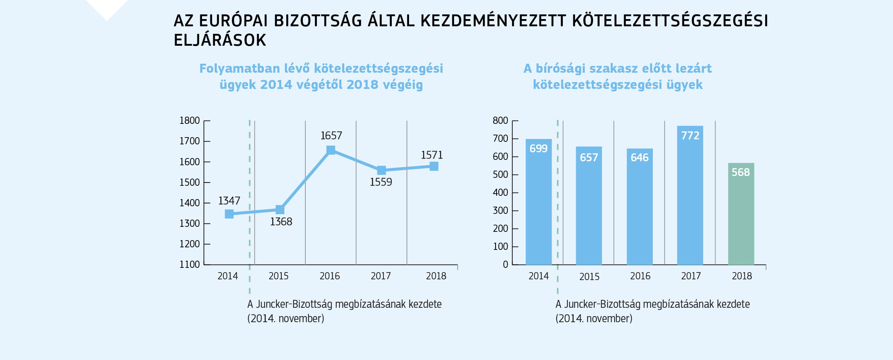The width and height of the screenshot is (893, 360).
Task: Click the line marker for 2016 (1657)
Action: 331,150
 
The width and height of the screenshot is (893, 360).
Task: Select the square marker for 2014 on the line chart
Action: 229,214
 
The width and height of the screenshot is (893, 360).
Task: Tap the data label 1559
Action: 381,182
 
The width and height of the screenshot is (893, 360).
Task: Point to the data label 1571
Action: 432,155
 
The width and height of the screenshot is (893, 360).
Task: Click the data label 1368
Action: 281,222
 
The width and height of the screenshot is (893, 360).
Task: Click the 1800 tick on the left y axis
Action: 189,121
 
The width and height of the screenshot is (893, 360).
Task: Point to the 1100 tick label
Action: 189,265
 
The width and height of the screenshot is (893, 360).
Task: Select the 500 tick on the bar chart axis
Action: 500,175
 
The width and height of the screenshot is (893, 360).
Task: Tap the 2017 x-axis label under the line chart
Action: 381,276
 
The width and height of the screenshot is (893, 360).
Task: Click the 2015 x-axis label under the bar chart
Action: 589,277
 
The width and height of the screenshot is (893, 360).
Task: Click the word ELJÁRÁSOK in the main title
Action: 220,40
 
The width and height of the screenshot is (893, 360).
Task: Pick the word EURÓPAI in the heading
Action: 233,21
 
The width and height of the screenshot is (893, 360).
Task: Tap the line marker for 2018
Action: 434,166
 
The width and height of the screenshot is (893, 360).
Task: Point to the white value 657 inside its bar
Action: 589,158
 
